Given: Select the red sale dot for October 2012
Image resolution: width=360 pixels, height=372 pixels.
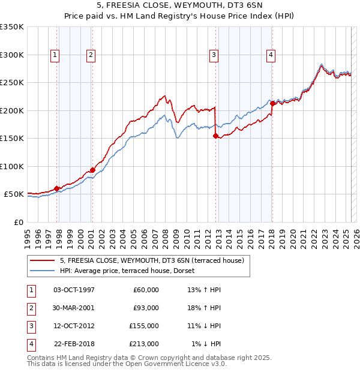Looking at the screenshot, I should click(x=215, y=136).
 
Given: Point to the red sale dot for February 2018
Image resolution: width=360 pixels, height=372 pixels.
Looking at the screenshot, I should click(x=272, y=104).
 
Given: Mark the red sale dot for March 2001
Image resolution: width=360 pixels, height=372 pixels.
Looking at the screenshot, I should click(x=92, y=170).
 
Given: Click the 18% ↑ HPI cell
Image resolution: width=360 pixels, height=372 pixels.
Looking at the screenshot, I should click(x=204, y=308).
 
